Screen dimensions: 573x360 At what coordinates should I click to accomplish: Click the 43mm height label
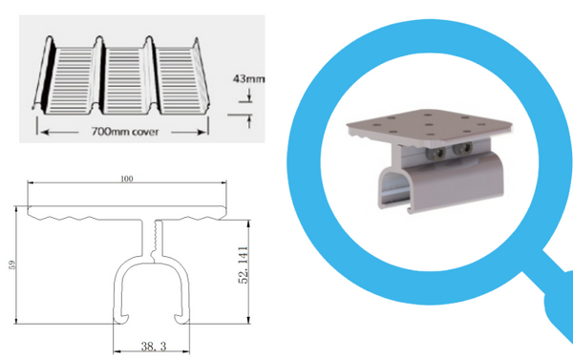248,78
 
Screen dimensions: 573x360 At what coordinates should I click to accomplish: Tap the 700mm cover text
125,132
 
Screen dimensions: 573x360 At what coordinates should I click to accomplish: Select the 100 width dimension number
127,179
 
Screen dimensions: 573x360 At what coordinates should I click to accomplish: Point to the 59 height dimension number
12,265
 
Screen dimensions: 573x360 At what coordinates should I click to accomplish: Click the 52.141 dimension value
243,265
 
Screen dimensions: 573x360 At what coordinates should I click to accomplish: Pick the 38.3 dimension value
154,346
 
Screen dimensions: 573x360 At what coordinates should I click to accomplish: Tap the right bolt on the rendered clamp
463,148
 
